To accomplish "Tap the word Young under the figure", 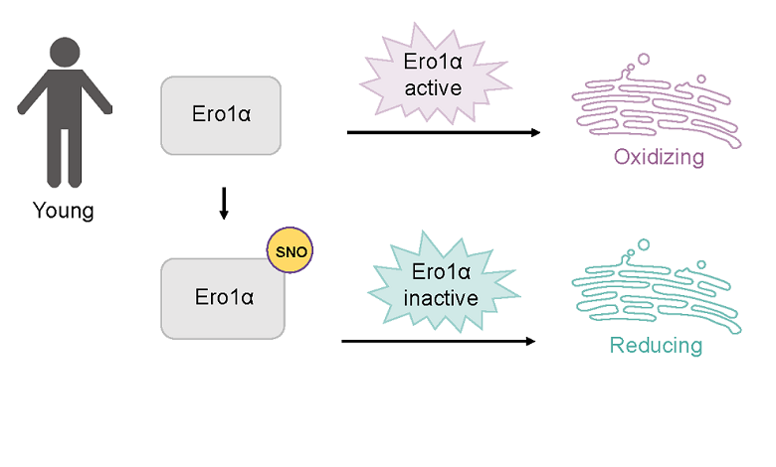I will [63, 211].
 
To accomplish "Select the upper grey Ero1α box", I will [221, 114].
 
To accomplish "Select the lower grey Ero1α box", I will [223, 297].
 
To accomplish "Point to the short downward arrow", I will [224, 204].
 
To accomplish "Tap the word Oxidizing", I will [659, 157].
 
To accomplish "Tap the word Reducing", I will [656, 346].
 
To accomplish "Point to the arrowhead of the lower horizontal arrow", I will [530, 341].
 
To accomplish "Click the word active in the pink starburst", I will [433, 87].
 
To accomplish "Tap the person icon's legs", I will [64, 159].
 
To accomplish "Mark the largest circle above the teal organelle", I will [643, 244].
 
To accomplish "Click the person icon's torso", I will [64, 104].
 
